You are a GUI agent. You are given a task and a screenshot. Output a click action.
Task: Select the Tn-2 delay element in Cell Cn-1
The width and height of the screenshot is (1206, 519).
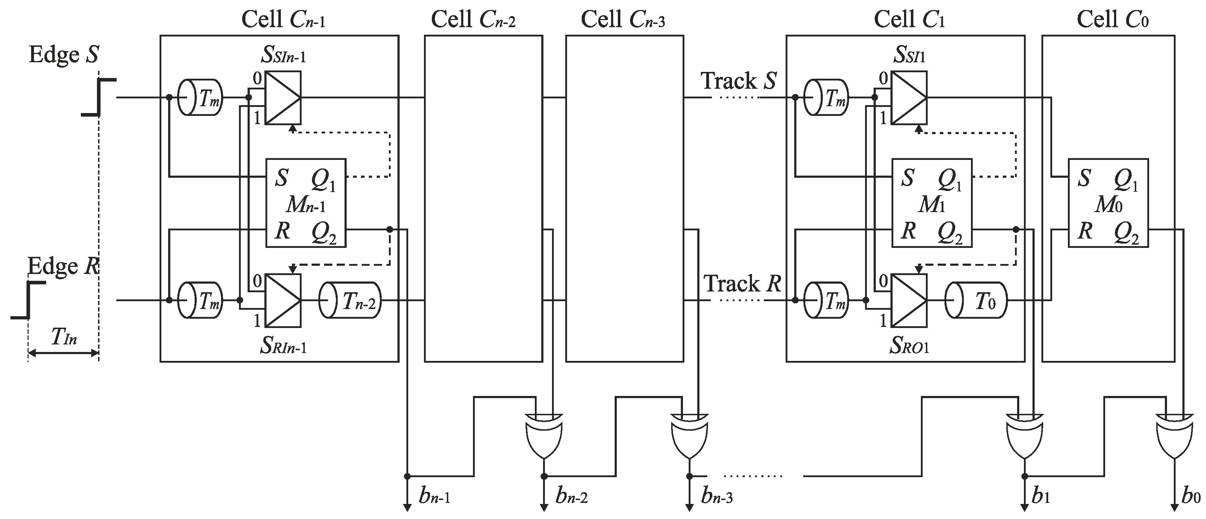pyautogui.click(x=350, y=300)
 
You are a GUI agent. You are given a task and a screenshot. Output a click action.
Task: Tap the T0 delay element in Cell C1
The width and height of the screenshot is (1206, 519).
pyautogui.click(x=976, y=300)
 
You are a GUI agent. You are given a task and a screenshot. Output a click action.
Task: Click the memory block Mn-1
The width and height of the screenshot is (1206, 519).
pyautogui.click(x=306, y=203)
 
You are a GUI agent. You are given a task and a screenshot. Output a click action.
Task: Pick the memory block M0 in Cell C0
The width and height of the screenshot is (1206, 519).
pyautogui.click(x=1108, y=203)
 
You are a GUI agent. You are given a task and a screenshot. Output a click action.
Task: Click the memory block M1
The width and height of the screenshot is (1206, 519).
pyautogui.click(x=931, y=203)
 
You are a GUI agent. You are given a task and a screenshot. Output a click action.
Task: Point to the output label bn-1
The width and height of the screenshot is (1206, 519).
pyautogui.click(x=434, y=496)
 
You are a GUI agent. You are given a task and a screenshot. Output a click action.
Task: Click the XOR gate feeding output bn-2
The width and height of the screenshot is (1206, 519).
pyautogui.click(x=543, y=435)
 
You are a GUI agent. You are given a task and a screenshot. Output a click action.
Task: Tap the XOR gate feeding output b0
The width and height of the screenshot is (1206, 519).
pyautogui.click(x=1174, y=435)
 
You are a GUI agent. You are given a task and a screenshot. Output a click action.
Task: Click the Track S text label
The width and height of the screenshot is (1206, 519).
pyautogui.click(x=738, y=81)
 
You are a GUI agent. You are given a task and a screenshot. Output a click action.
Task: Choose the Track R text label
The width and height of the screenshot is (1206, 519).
pyautogui.click(x=742, y=284)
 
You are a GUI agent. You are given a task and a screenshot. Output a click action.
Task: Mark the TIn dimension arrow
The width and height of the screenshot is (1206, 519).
pyautogui.click(x=63, y=353)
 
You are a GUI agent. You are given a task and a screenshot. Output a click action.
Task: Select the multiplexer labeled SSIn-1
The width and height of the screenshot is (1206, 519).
pyautogui.click(x=283, y=97)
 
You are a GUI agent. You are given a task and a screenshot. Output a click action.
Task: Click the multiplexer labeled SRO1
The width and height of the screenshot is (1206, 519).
pyautogui.click(x=909, y=300)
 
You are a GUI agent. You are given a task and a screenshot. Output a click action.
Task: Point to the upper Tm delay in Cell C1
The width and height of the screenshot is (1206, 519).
pyautogui.click(x=826, y=98)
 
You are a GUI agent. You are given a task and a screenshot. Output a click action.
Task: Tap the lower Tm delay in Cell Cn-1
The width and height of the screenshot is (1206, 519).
pyautogui.click(x=200, y=300)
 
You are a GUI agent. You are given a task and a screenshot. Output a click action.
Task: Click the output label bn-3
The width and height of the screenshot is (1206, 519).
pyautogui.click(x=716, y=496)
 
